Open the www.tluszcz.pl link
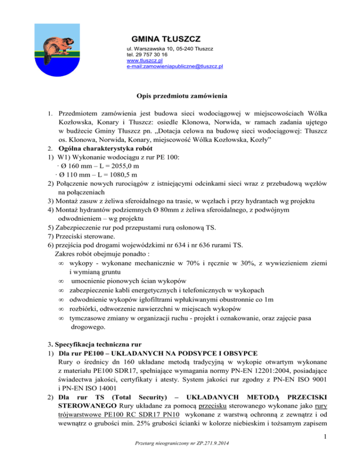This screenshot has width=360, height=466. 144,60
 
